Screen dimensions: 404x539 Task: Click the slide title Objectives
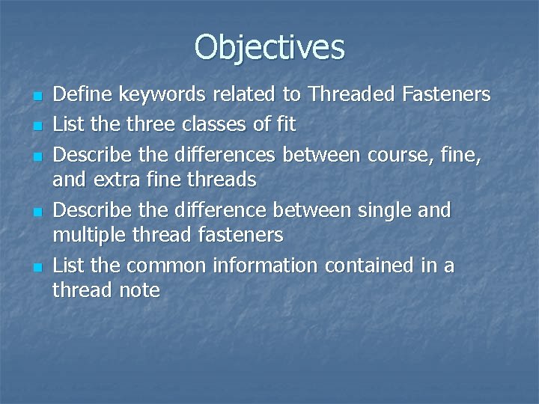[x=269, y=46]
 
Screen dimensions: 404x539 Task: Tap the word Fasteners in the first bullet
[x=446, y=94]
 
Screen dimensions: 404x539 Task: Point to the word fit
[x=284, y=123]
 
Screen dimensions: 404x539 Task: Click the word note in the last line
[x=140, y=290]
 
